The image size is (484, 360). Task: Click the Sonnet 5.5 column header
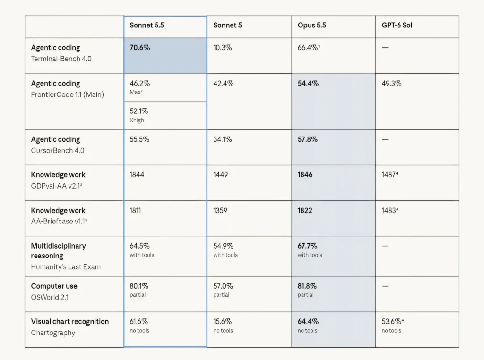147,26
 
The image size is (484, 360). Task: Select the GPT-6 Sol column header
397,26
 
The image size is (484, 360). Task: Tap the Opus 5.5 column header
312,26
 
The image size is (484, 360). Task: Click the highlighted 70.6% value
140,48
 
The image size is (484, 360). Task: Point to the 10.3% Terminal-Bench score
222,48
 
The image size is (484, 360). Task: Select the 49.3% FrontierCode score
391,83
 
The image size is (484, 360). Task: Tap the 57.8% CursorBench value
307,139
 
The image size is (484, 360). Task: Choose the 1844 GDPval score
137,175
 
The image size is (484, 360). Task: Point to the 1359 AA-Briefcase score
220,210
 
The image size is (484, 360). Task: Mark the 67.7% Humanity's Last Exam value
307,246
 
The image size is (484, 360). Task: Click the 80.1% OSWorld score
139,286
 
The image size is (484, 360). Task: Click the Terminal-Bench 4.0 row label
61,59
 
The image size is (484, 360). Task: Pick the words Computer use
54,286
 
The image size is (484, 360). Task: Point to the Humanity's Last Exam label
66,267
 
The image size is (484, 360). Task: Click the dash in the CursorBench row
385,139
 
